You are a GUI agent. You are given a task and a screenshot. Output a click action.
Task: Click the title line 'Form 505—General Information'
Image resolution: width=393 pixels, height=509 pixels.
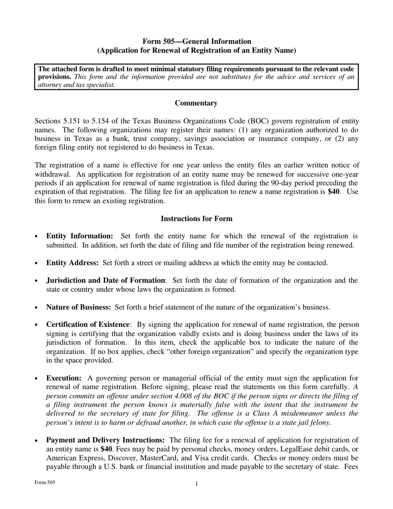[196, 41]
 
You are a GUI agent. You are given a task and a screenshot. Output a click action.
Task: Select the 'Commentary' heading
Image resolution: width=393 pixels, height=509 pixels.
[196, 103]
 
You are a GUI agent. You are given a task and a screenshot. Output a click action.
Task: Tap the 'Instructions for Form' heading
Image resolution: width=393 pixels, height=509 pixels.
[196, 218]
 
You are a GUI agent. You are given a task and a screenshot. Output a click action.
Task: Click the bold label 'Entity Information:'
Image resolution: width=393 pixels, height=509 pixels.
[79, 236]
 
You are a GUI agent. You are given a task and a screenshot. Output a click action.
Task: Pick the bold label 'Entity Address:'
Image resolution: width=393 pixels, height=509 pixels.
[72, 263]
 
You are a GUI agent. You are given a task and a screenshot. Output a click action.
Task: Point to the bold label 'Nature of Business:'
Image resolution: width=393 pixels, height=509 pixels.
[79, 307]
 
